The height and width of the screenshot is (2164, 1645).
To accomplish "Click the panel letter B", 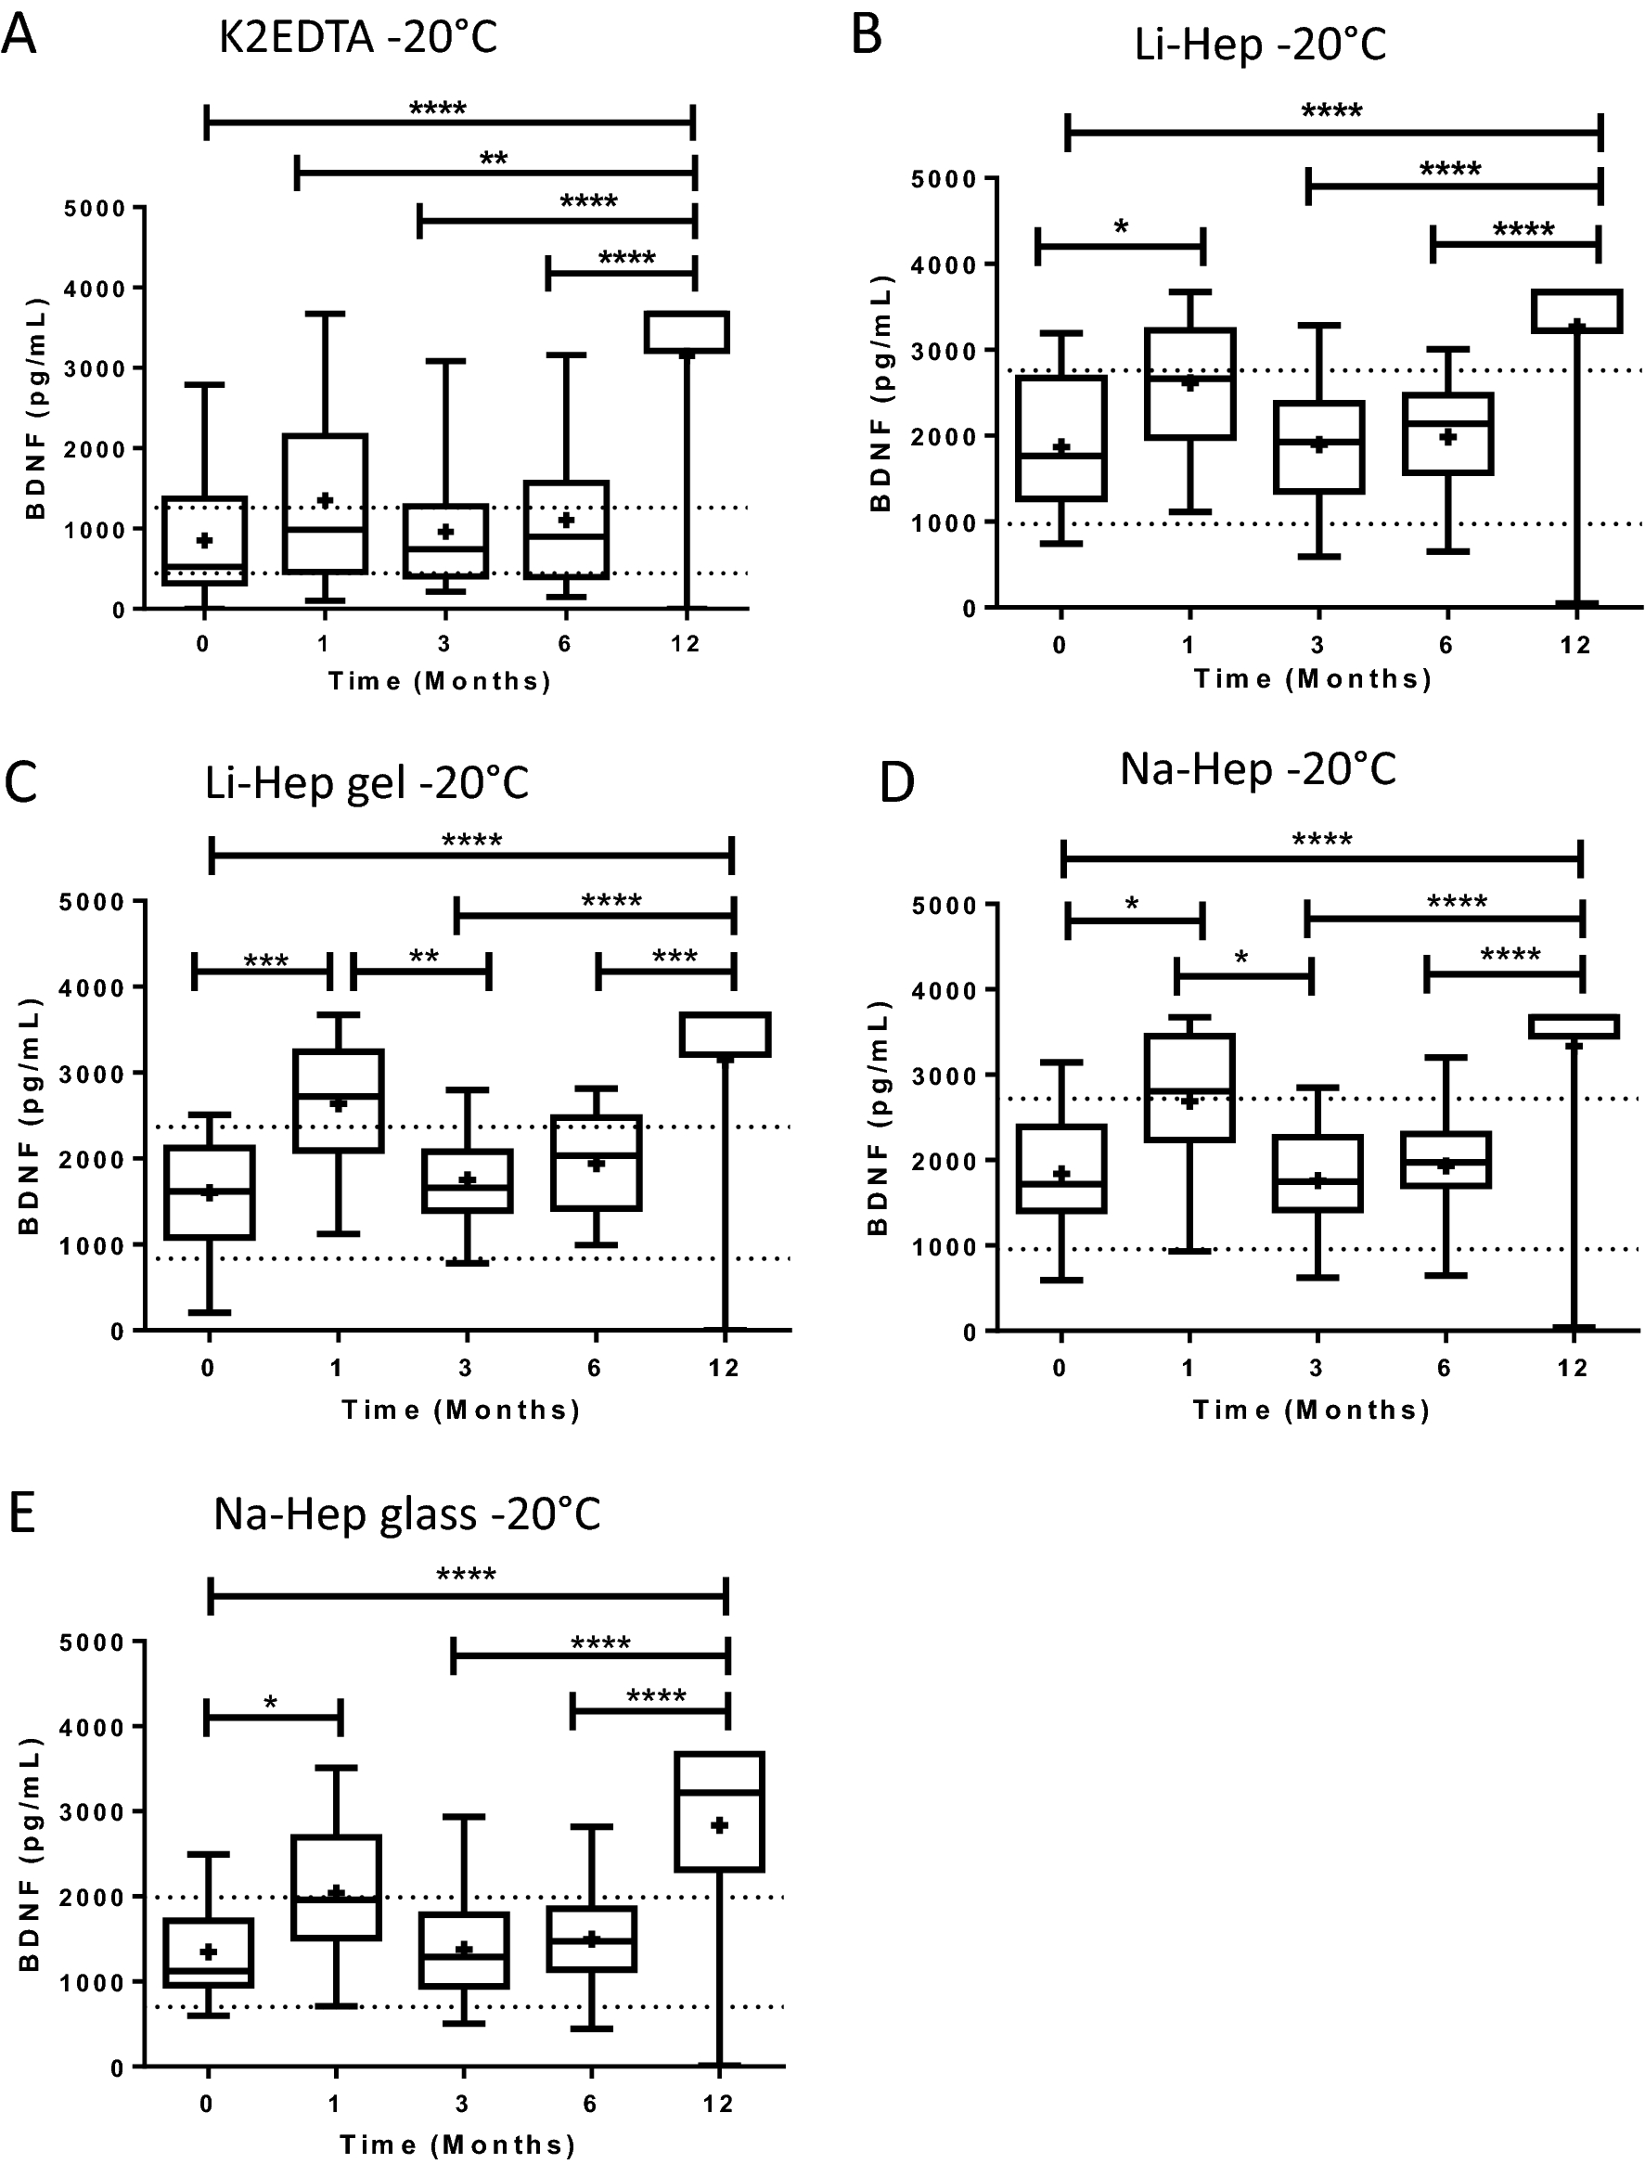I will (x=867, y=35).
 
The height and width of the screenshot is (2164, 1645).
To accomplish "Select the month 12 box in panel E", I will (x=720, y=1810).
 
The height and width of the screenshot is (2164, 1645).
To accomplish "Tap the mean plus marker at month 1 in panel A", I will (x=326, y=500).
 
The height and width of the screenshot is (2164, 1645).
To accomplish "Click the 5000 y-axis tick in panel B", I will (x=944, y=179).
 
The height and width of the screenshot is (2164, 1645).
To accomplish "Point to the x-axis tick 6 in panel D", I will (x=1444, y=1368).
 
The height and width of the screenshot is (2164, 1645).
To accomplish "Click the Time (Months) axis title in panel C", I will (x=461, y=1409).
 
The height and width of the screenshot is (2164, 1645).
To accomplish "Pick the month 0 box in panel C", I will (x=210, y=1191).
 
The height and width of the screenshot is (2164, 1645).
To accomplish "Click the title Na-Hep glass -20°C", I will (x=406, y=1514).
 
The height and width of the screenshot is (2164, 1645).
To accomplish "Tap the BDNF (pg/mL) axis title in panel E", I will (x=30, y=1854).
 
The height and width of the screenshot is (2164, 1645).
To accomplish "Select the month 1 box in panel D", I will (x=1189, y=1087).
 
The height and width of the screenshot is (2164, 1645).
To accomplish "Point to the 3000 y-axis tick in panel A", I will (x=95, y=369).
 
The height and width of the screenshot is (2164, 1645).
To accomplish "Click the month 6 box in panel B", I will (x=1447, y=433).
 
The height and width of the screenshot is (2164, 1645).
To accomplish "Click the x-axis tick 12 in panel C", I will (x=724, y=1368).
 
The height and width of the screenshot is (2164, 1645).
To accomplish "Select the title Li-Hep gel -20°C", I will (x=366, y=783).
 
